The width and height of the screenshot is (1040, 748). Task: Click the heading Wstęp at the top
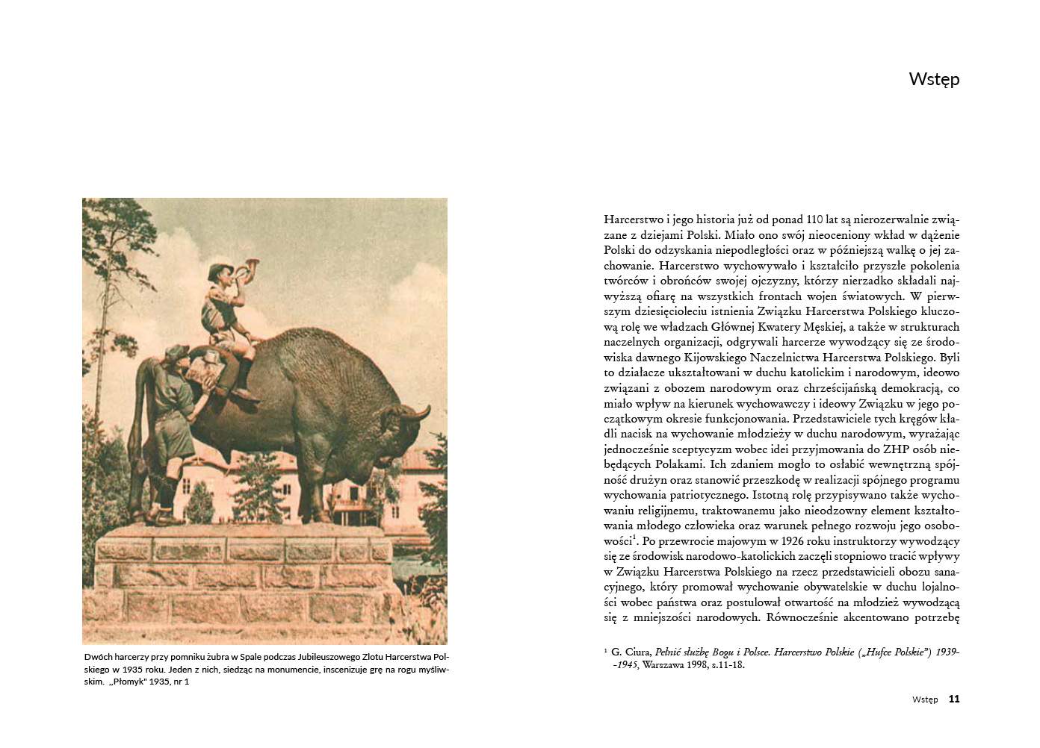click(x=933, y=79)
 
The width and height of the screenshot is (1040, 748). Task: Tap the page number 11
click(x=953, y=699)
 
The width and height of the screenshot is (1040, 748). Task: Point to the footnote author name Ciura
click(x=637, y=652)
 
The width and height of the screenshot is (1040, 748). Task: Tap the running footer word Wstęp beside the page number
click(x=925, y=699)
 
